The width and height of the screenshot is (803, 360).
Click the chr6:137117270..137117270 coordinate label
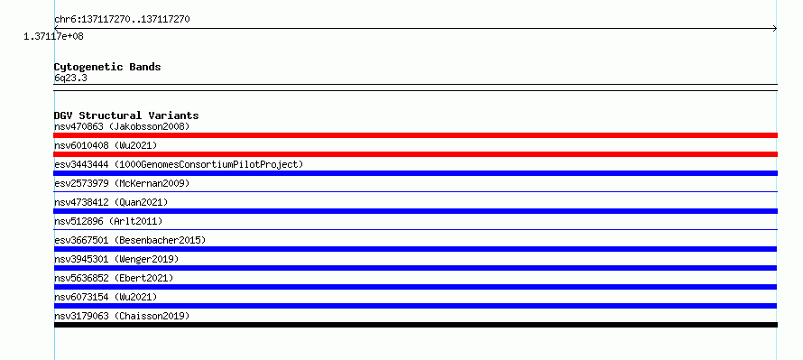(x=122, y=20)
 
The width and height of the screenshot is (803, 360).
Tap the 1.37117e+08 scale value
(x=53, y=36)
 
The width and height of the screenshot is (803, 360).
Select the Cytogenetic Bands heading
(x=107, y=67)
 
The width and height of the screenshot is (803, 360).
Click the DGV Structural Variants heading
(x=126, y=115)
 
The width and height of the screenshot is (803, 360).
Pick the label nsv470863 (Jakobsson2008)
(x=122, y=126)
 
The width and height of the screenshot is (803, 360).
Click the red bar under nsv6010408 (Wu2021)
(x=415, y=154)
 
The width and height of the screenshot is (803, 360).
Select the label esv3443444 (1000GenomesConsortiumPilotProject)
(x=179, y=164)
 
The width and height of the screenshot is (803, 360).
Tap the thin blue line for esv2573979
(x=415, y=192)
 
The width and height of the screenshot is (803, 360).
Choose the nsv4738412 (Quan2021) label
(x=111, y=202)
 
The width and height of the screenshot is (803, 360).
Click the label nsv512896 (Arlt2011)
(x=108, y=221)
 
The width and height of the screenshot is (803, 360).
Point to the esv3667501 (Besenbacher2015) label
(x=130, y=240)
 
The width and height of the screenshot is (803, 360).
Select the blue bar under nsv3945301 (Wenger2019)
(x=415, y=268)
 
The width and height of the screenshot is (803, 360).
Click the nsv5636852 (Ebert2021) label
(x=114, y=278)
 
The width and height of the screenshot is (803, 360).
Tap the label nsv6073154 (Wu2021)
(x=106, y=297)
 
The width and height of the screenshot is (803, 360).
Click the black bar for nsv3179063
(x=415, y=325)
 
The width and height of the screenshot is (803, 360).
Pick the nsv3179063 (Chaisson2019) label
(x=122, y=316)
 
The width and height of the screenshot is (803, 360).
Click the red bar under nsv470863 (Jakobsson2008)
(x=415, y=135)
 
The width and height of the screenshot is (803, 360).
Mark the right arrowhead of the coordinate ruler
(x=776, y=29)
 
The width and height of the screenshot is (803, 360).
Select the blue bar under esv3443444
(x=415, y=173)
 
